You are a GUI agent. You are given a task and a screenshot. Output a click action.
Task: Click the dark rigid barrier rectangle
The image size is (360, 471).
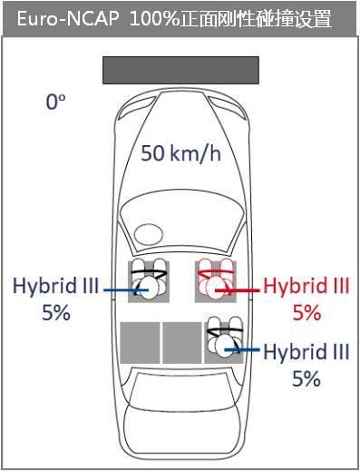[180, 70]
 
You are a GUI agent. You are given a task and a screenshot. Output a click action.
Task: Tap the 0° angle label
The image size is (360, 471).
[55, 102]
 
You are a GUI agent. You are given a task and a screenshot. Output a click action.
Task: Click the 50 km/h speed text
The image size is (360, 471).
[180, 153]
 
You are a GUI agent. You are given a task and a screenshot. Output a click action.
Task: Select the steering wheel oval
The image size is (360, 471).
[149, 234]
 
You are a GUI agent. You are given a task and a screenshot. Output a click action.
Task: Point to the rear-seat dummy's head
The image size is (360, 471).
[226, 346]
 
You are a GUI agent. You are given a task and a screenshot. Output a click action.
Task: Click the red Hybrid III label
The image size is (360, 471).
[306, 286]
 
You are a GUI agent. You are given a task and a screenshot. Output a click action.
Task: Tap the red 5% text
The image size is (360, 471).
[306, 312]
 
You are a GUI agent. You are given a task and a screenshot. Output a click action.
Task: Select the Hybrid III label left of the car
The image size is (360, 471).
[55, 286]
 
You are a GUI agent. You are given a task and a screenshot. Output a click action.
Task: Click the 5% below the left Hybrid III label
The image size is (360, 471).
[56, 312]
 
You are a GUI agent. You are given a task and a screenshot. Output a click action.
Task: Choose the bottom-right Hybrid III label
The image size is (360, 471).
[306, 352]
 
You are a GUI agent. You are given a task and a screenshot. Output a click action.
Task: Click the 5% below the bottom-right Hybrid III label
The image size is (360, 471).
[306, 378]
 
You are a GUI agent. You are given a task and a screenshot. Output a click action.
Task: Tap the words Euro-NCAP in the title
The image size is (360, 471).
[68, 19]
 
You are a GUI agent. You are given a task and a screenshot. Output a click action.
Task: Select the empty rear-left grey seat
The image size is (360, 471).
[140, 343]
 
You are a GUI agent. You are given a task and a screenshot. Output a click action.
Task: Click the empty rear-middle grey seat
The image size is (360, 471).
[182, 343]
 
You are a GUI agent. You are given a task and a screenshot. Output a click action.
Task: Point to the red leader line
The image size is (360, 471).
[238, 290]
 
